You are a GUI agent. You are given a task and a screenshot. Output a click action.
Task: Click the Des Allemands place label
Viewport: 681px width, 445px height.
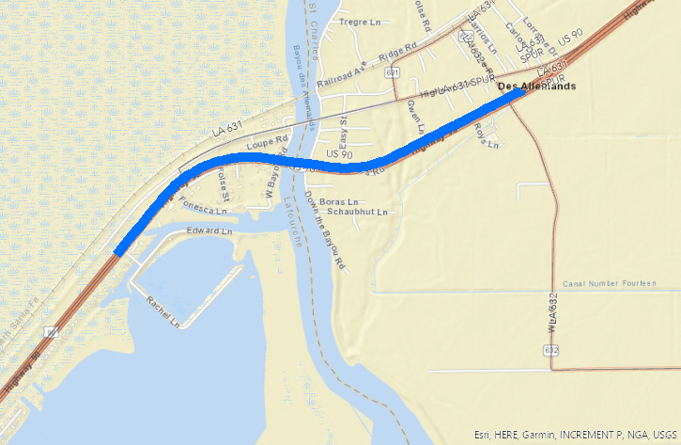pyautogui.click(x=535, y=86)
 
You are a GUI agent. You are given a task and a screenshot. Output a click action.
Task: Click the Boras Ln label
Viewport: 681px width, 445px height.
pyautogui.click(x=340, y=201)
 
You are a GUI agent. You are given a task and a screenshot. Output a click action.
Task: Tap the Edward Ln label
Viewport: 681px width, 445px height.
pyautogui.click(x=209, y=230)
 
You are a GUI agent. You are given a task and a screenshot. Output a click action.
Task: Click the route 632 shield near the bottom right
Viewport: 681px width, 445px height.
pyautogui.click(x=551, y=350)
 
